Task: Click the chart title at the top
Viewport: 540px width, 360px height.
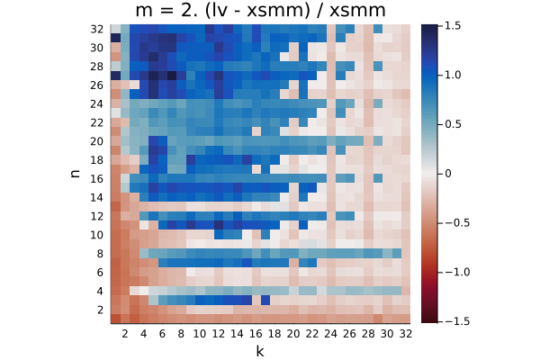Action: click(260, 10)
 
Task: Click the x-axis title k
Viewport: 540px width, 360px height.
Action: click(260, 351)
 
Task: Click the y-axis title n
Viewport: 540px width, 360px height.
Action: click(75, 174)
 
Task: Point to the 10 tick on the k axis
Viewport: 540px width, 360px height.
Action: click(200, 334)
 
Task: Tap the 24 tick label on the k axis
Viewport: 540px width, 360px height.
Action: click(330, 334)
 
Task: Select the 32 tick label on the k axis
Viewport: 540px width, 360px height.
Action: click(405, 334)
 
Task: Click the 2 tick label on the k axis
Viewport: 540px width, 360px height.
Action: click(125, 334)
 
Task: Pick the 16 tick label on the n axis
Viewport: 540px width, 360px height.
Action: click(97, 178)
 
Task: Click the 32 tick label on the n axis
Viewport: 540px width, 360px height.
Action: click(97, 29)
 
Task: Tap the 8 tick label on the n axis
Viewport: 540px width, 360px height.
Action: click(100, 254)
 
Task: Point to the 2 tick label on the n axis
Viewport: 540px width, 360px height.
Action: click(100, 310)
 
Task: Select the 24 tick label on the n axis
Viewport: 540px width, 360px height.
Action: click(97, 103)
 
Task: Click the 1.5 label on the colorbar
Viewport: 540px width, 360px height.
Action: click(453, 25)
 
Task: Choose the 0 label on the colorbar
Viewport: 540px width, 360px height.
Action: click(448, 174)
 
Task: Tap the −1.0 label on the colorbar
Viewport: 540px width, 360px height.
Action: click(457, 272)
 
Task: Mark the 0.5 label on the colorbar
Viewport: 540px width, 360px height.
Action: click(453, 124)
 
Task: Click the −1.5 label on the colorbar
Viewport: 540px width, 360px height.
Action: click(457, 321)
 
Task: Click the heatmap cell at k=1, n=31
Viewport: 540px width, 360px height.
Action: click(115, 38)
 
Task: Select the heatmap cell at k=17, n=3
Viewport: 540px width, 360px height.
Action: click(265, 301)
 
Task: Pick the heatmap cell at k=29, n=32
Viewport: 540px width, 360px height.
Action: click(377, 29)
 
